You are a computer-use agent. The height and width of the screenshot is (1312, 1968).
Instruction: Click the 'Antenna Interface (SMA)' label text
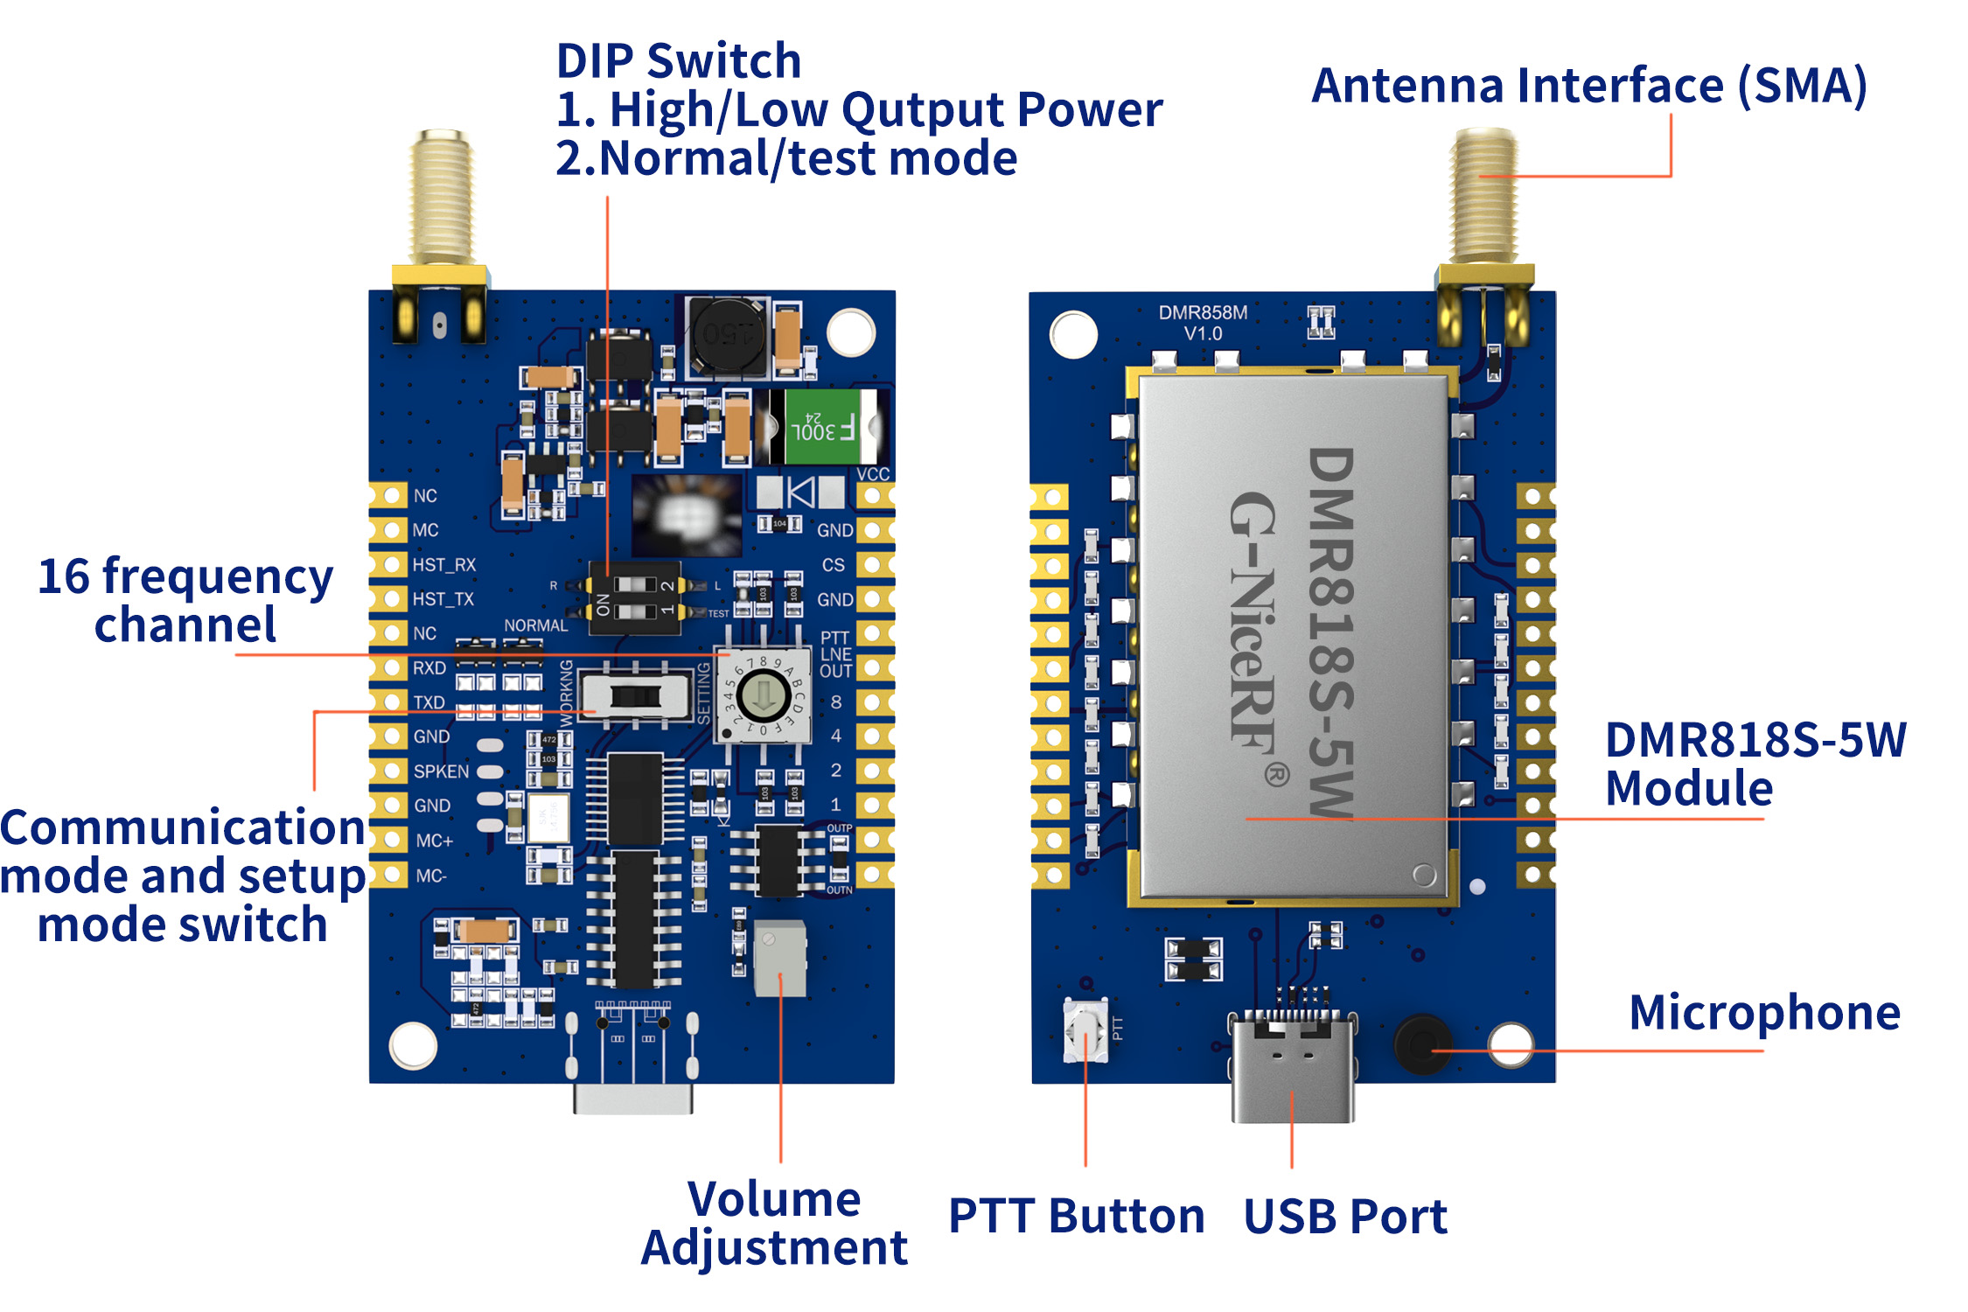[x=1589, y=86]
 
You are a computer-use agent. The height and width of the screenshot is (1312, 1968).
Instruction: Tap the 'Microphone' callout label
[x=1764, y=1013]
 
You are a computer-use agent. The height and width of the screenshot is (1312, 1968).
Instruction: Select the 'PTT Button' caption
[x=1076, y=1216]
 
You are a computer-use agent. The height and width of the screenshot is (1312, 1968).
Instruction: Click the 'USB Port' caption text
[x=1344, y=1217]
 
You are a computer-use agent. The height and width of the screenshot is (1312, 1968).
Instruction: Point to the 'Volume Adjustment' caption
[x=774, y=1223]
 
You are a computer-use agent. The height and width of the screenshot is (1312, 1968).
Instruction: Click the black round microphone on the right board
[x=1420, y=1043]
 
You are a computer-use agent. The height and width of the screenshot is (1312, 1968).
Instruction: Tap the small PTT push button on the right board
[x=1085, y=1030]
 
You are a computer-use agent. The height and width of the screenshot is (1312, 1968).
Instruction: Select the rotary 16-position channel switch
[x=764, y=696]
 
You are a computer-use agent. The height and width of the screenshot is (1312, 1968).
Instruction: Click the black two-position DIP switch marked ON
[x=637, y=597]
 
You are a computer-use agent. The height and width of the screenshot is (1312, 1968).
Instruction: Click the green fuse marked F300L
[x=822, y=426]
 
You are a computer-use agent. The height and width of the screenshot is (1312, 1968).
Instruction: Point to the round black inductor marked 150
[x=726, y=334]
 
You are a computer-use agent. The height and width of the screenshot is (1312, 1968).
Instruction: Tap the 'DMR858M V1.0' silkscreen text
[x=1203, y=323]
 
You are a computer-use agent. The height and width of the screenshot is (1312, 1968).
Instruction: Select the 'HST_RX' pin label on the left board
[x=443, y=565]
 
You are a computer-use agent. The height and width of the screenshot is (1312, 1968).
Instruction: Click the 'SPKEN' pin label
[x=441, y=771]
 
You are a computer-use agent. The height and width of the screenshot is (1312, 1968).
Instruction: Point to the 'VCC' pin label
[x=872, y=474]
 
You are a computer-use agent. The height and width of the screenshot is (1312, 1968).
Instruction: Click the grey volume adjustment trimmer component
[x=778, y=958]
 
